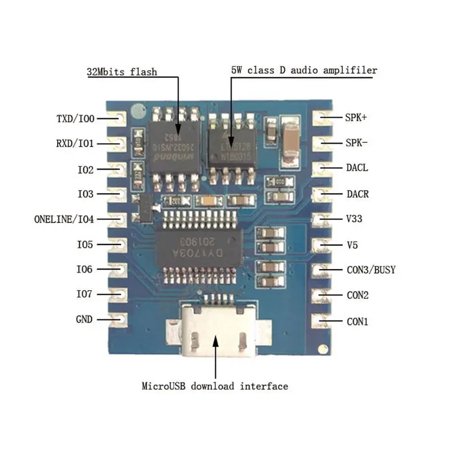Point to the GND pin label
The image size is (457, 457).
coord(84,319)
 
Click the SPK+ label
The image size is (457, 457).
coord(356,118)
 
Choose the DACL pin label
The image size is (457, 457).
coord(357,169)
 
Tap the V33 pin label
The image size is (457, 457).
coord(354,219)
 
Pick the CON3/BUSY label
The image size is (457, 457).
coord(371,270)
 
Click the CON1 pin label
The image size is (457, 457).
coord(358,321)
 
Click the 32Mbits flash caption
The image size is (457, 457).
coord(122,72)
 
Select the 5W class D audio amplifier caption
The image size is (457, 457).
coord(304,70)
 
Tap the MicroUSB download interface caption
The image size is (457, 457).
coord(215,386)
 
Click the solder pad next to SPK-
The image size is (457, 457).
coord(324,143)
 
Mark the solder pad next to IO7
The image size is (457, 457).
coord(120,294)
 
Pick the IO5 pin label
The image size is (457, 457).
coord(85,244)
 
